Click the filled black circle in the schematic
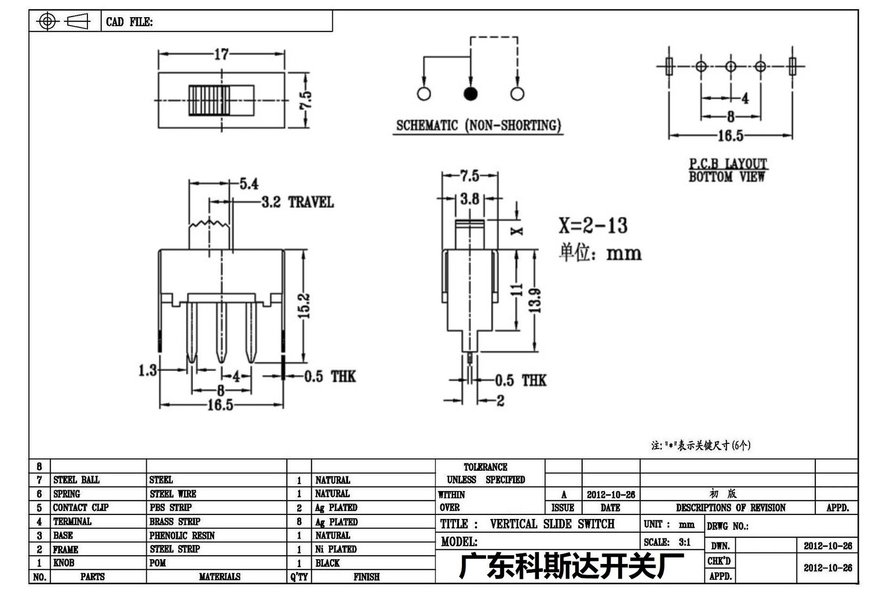tap(470, 94)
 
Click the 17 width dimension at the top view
tap(221, 54)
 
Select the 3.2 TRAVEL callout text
tap(297, 202)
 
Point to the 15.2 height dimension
tap(304, 305)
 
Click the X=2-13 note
tap(593, 226)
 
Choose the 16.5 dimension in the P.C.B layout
tap(730, 135)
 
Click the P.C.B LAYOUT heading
tap(727, 163)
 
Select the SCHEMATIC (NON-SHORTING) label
tap(478, 126)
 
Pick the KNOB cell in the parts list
tap(64, 563)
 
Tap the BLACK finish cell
tap(327, 563)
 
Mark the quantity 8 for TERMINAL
tap(299, 522)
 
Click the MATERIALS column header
tap(219, 577)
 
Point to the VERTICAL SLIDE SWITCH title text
tap(552, 524)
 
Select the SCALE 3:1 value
tap(684, 542)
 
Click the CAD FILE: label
tap(129, 22)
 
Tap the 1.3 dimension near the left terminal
tap(147, 370)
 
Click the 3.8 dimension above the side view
tap(470, 199)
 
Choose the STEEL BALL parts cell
tap(77, 480)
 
